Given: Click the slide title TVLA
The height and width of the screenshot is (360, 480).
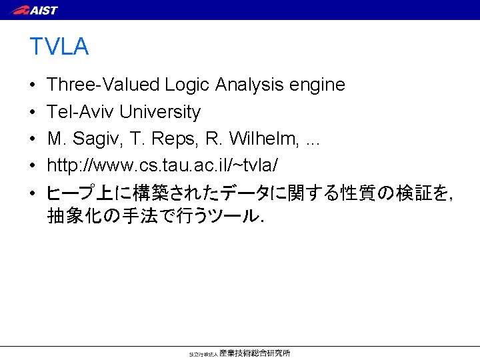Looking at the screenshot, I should click(x=59, y=47).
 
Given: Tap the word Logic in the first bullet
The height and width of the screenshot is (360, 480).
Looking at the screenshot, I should click(x=188, y=85).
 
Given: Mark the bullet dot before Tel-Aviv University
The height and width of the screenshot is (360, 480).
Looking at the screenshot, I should click(x=33, y=112).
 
